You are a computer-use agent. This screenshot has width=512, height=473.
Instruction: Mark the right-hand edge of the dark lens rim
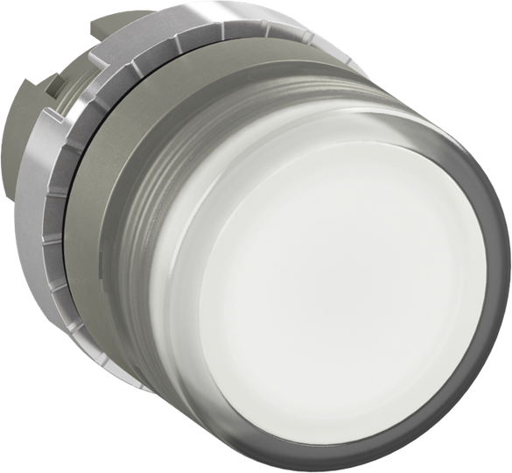(504, 263)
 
